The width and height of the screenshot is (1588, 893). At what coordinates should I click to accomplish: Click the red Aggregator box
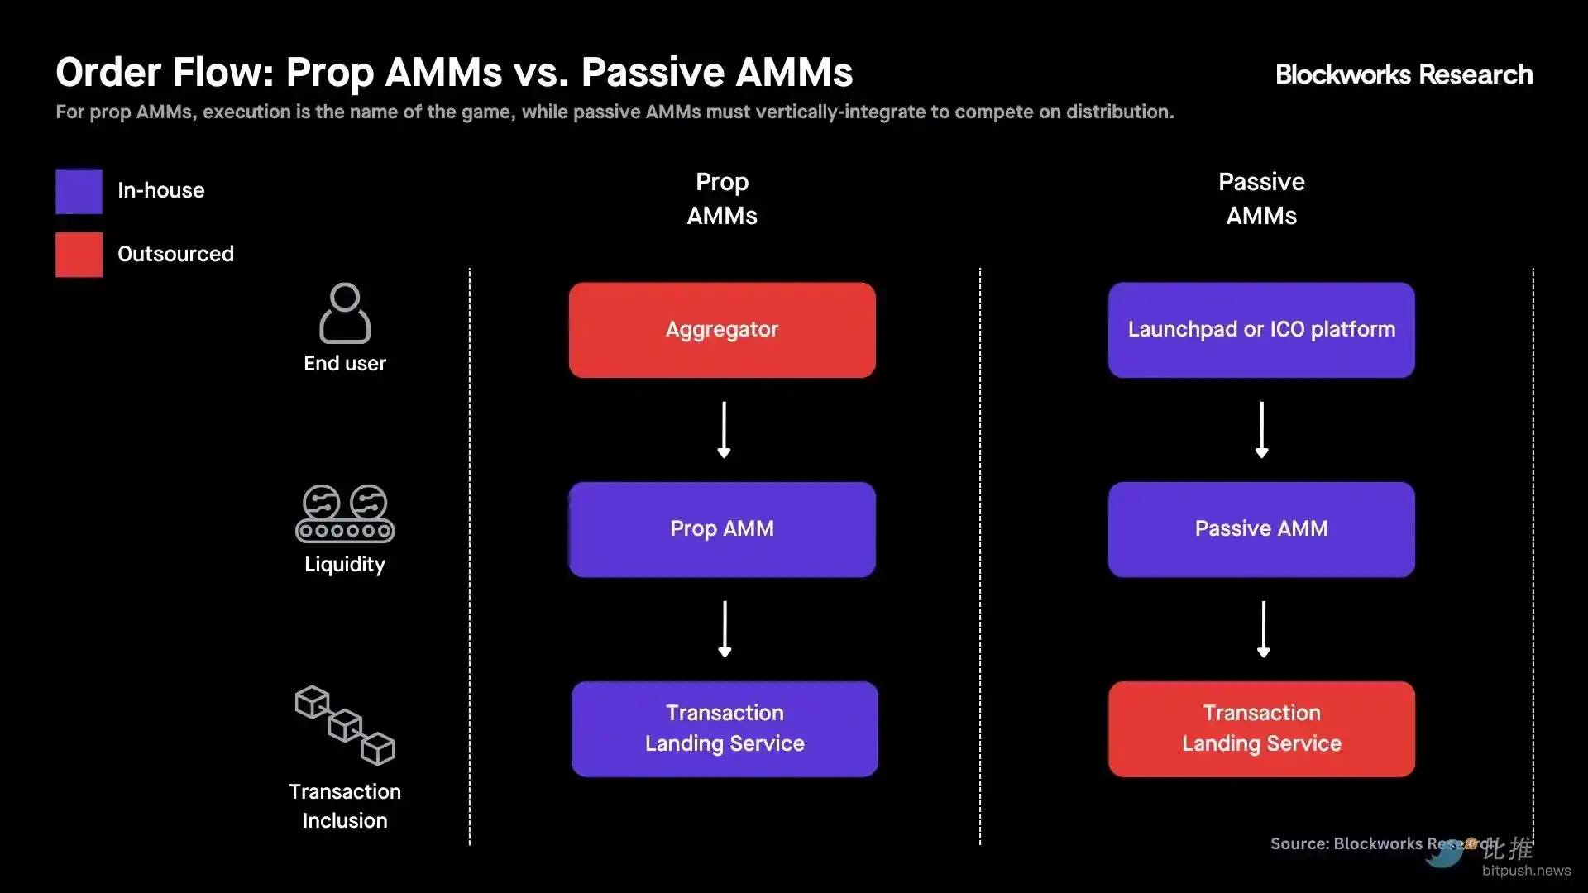(722, 330)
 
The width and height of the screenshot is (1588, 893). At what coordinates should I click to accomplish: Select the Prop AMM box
(722, 529)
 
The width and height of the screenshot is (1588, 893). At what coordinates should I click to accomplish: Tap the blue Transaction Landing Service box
(725, 728)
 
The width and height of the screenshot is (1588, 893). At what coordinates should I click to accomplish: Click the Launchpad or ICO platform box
(1261, 330)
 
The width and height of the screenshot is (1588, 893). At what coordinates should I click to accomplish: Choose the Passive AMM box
(1261, 529)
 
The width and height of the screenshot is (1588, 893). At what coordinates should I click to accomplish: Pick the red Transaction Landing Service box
(1261, 728)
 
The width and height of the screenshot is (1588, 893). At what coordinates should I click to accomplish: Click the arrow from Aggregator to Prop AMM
(724, 430)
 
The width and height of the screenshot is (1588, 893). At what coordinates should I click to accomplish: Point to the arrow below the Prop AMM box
(725, 629)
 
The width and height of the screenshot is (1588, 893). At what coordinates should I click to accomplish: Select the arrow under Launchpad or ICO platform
(1261, 430)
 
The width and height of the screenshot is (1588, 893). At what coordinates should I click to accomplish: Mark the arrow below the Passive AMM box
(1263, 629)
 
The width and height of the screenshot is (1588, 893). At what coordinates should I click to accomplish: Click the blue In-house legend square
(79, 191)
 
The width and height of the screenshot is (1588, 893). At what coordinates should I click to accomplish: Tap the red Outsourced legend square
(79, 255)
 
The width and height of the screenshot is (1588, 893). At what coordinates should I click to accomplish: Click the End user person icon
(345, 313)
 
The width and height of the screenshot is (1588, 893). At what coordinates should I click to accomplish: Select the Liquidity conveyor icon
(345, 513)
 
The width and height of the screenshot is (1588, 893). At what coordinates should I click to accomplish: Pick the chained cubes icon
(345, 725)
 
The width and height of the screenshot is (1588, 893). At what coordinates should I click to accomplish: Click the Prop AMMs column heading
(722, 198)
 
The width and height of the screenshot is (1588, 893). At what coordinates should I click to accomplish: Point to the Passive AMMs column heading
(1261, 198)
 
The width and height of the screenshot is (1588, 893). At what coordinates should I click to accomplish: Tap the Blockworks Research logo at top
(1404, 74)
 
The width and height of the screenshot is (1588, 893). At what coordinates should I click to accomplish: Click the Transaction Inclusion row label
(345, 805)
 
